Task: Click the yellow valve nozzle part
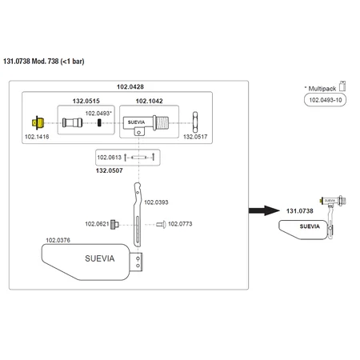click(38, 122)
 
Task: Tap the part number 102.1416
click(37, 137)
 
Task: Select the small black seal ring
click(99, 122)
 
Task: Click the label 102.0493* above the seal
click(98, 114)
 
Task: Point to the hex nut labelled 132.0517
click(195, 122)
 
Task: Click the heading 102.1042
click(149, 101)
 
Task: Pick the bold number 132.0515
click(86, 101)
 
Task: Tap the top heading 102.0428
click(130, 86)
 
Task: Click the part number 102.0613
click(109, 158)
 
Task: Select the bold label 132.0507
click(110, 170)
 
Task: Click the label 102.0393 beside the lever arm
click(156, 202)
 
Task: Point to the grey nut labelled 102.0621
click(114, 224)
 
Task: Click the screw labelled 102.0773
click(161, 225)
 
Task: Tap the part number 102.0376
click(58, 240)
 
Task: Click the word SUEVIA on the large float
click(100, 258)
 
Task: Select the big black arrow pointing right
click(264, 210)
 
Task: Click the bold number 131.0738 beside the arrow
click(300, 211)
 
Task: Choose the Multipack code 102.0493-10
click(326, 100)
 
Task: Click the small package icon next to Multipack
click(342, 86)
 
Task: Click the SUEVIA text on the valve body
click(136, 122)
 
